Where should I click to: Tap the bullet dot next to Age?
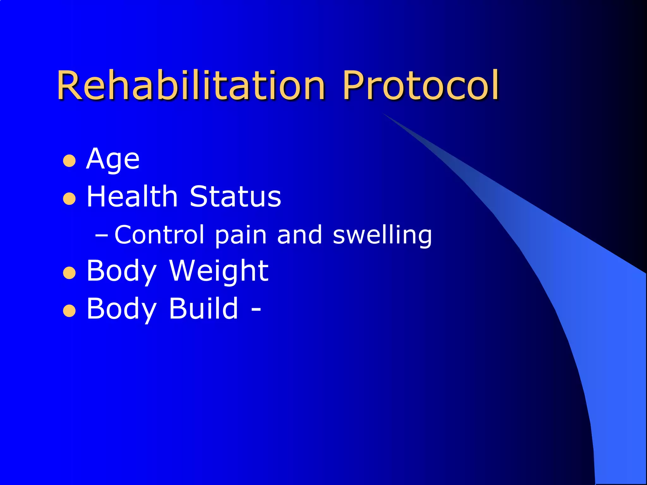(69, 161)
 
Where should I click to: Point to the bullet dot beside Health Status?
(69, 199)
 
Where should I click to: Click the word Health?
(132, 196)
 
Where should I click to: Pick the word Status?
(235, 196)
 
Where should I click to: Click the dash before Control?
(101, 235)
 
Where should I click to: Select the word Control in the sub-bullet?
(159, 235)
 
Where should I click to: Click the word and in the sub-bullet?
(299, 235)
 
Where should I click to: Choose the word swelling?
(382, 235)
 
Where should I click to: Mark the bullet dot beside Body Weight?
(69, 273)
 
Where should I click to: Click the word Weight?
(219, 271)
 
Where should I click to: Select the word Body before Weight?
(121, 271)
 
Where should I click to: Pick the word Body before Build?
(121, 309)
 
